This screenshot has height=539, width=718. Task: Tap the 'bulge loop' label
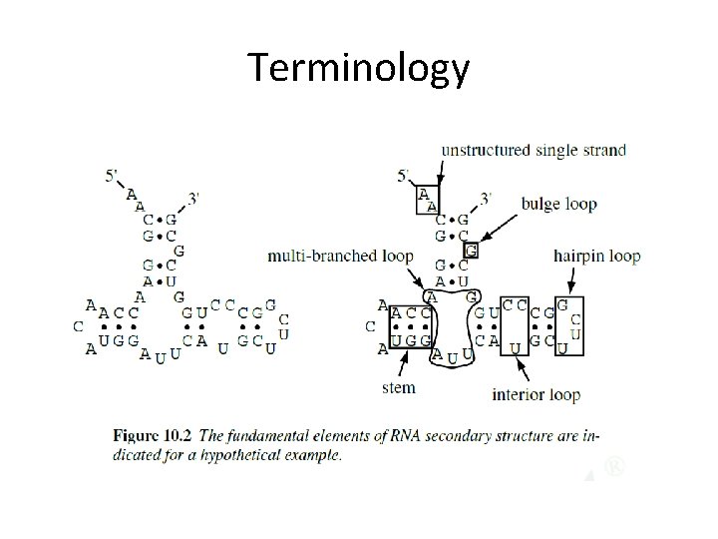[558, 204]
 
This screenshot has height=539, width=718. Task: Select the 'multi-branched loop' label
[340, 257]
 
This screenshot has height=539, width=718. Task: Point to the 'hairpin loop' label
[596, 257]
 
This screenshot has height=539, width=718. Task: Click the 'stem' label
[398, 386]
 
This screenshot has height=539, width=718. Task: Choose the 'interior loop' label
[536, 394]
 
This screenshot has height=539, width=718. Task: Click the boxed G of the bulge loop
[472, 250]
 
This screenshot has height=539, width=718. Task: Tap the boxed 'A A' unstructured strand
[427, 200]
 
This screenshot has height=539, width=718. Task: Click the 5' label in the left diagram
[115, 177]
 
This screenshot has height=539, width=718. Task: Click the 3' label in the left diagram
[192, 198]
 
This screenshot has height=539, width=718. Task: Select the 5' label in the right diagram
[404, 177]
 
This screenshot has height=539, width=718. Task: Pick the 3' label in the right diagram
[484, 198]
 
